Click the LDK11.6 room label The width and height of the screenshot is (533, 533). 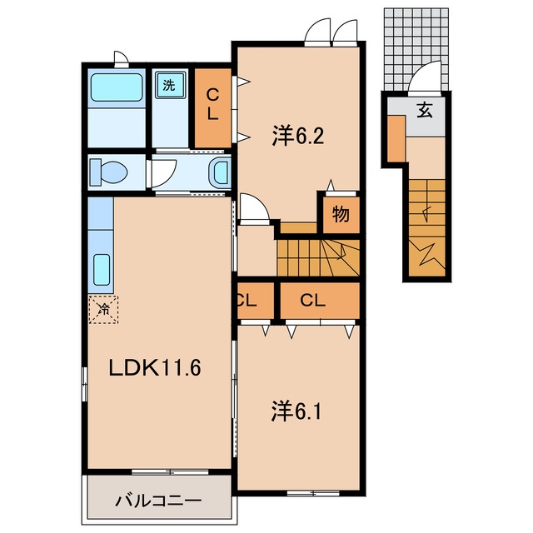pos(155,368)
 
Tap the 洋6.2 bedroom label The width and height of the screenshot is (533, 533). pos(298,136)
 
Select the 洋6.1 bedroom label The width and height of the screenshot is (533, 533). pos(296,411)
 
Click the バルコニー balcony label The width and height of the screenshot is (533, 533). pos(158,501)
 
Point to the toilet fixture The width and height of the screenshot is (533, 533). pos(108,172)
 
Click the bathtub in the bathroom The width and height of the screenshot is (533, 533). pos(117,87)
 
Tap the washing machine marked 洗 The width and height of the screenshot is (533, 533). pos(169,85)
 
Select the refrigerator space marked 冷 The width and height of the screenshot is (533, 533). pos(103,309)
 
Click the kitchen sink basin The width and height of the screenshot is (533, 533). pos(102,270)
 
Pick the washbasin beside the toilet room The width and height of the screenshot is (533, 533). pos(220,173)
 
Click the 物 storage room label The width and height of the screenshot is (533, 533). pos(341,214)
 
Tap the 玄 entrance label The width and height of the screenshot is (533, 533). pos(425,110)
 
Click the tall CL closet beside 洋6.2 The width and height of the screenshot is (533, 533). pos(213,107)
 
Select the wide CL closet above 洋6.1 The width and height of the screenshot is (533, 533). pos(320,301)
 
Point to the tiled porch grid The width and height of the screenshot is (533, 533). pos(416,49)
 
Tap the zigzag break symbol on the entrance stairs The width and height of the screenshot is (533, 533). pos(427,252)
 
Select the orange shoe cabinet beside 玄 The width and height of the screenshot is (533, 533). pos(396,139)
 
